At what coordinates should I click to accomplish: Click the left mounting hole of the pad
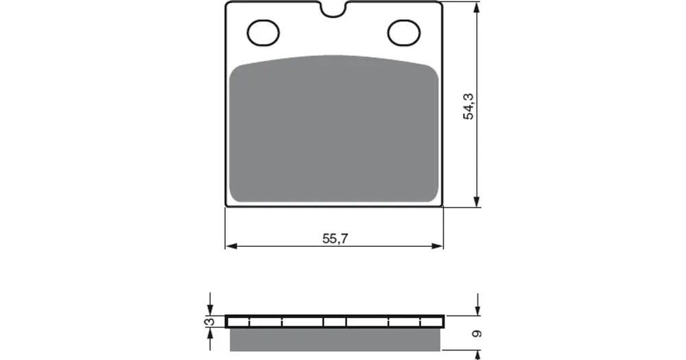263,33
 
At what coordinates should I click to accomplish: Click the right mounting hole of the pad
404,33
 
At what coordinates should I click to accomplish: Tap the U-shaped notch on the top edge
334,10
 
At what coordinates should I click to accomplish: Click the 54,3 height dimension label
469,106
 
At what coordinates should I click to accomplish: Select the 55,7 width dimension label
335,239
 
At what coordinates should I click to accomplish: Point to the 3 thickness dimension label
210,322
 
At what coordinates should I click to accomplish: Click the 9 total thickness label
477,334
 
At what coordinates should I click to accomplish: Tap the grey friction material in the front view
334,129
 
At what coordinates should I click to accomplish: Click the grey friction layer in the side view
335,339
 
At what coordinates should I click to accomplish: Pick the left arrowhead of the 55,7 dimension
230,246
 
